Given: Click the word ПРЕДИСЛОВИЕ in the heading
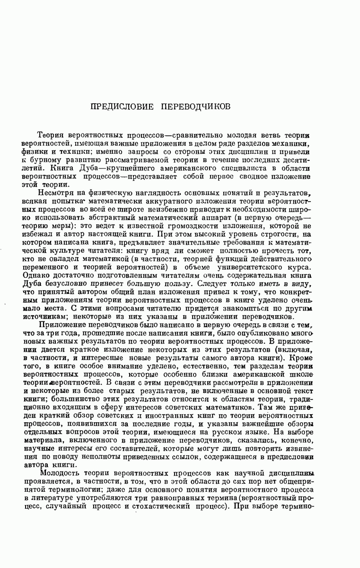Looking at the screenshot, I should click(x=122, y=106).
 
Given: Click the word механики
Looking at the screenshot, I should click(x=294, y=144).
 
